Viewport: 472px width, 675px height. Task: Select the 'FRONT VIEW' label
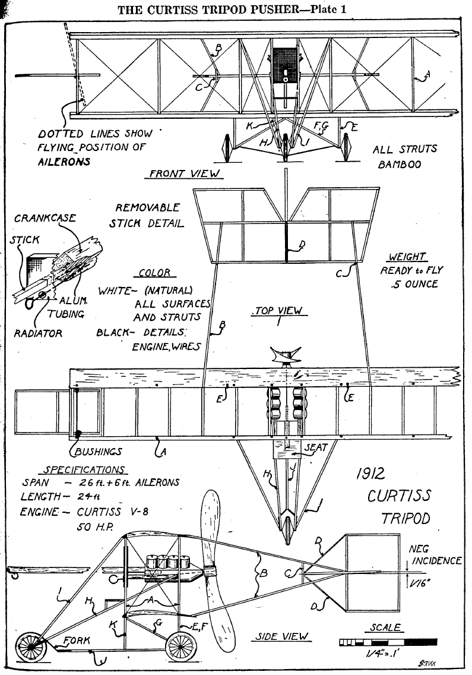tap(185, 174)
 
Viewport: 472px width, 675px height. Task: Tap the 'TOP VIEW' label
tap(278, 311)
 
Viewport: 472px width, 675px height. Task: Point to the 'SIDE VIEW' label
tap(282, 636)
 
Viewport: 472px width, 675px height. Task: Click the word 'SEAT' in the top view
tap(316, 447)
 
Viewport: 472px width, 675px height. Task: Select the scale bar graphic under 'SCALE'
tap(388, 642)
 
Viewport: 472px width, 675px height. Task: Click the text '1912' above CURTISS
tap(371, 474)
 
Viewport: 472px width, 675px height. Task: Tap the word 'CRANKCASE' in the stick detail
tap(45, 218)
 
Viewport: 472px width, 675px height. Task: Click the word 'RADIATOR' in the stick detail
tap(38, 333)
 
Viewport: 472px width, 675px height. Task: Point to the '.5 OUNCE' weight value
tap(414, 284)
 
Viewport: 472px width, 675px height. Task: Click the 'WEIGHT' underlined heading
tap(407, 257)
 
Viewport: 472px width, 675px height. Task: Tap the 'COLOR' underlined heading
tap(154, 273)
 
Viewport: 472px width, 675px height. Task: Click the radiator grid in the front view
tap(285, 60)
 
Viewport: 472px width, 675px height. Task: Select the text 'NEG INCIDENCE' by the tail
tap(435, 555)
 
